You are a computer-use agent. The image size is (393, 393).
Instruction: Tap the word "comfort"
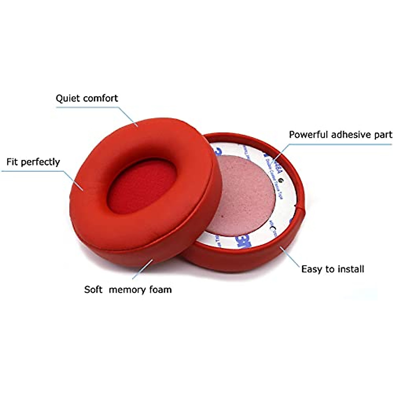point(100,99)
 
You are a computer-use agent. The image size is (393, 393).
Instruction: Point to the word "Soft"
point(93,290)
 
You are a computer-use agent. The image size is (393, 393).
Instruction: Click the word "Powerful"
point(308,135)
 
